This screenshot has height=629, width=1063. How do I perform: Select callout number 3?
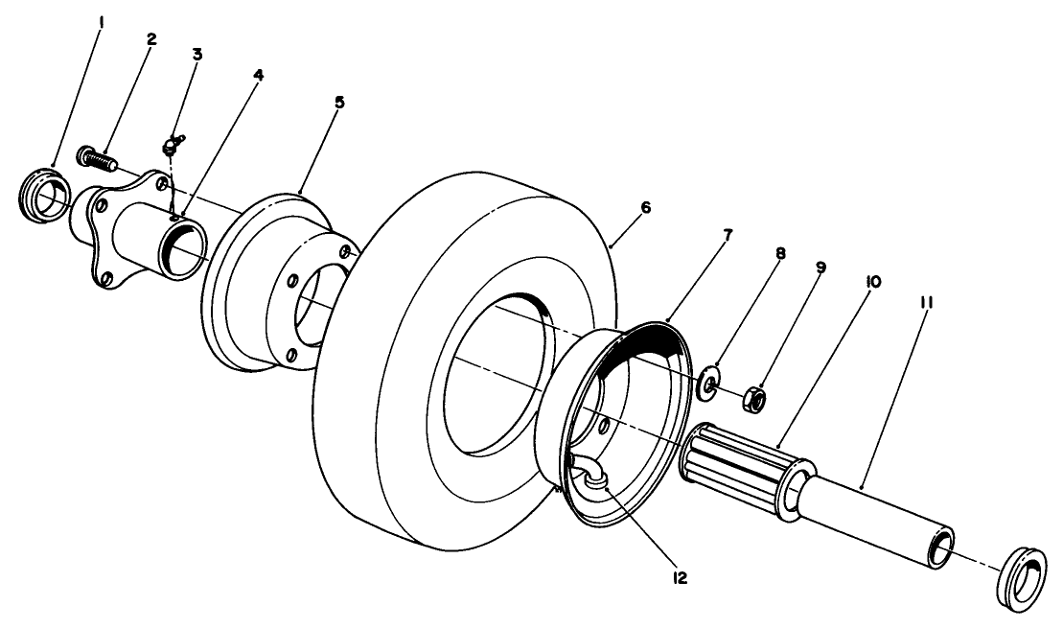pos(196,54)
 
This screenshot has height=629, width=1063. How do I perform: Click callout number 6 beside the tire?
pos(645,207)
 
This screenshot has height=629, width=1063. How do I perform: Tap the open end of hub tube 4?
pos(185,245)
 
